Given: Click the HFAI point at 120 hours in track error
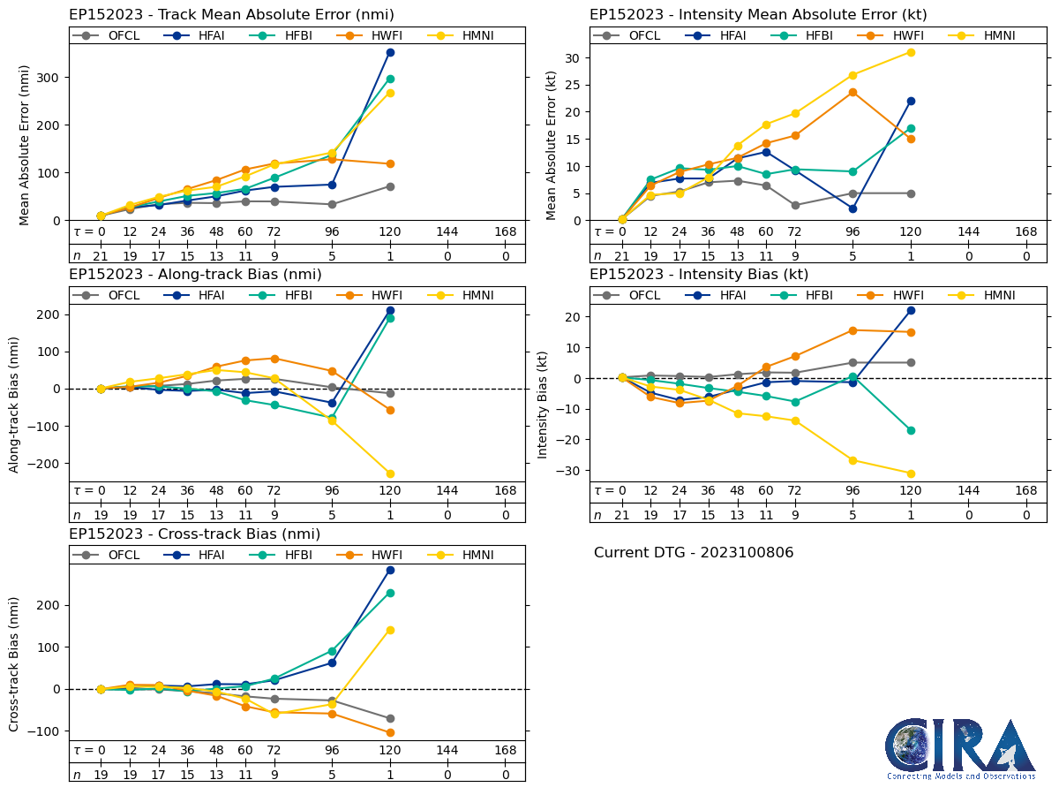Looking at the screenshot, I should click(390, 52).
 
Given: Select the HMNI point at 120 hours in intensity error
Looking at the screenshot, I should click(911, 52).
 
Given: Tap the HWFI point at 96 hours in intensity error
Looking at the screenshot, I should click(852, 92).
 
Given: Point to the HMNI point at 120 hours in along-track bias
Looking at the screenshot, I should click(390, 473).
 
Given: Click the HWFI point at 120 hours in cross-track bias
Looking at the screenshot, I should click(390, 732).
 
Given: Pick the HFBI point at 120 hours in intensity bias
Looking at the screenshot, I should click(911, 430).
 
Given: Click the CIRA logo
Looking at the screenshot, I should click(960, 749).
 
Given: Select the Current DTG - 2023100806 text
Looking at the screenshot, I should click(694, 553).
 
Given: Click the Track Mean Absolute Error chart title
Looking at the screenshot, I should click(231, 14).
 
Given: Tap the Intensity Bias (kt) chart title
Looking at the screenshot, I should click(699, 274).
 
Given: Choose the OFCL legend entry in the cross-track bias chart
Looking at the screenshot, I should click(112, 555).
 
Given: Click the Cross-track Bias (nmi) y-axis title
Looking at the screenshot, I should click(14, 664).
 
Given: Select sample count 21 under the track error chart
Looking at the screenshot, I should click(101, 256).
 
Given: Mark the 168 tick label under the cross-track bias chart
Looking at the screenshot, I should click(506, 750).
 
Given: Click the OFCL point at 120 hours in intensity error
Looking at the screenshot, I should click(911, 193).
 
